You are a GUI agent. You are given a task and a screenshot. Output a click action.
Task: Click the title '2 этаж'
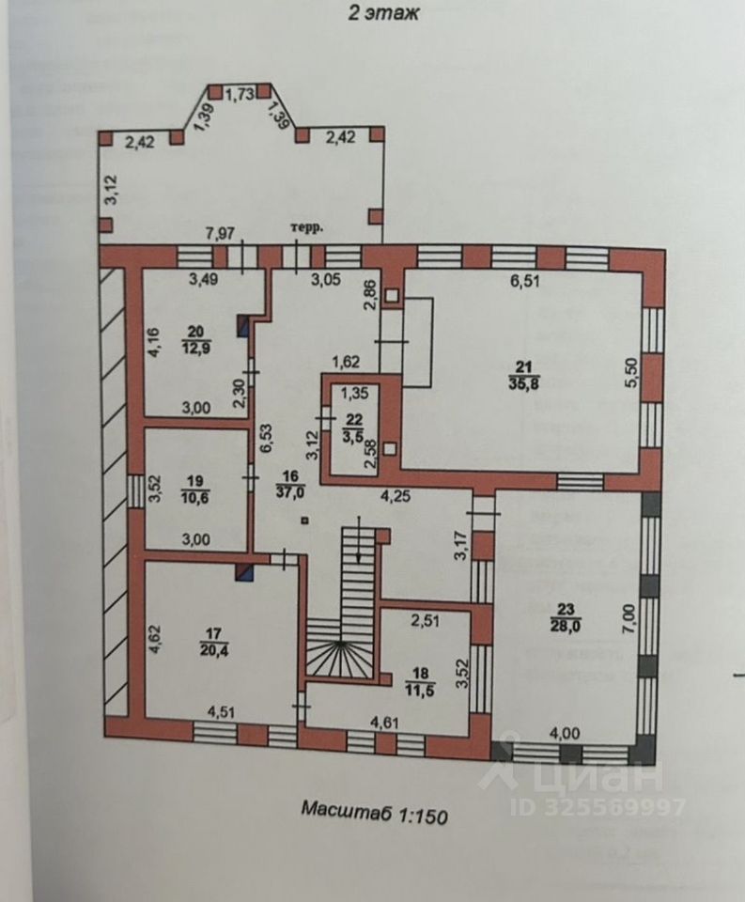point(374,14)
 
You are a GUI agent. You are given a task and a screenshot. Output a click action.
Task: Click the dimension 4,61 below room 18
point(388,722)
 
